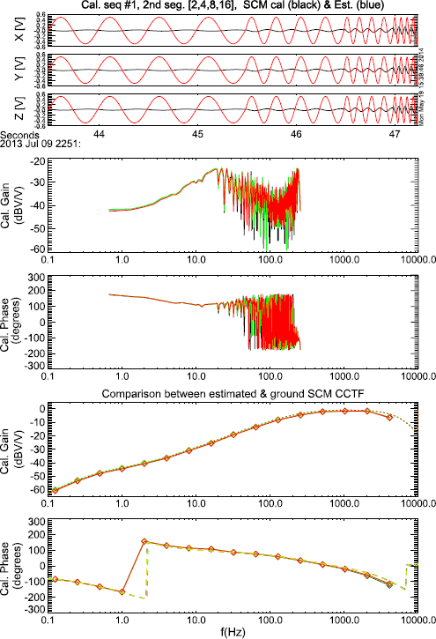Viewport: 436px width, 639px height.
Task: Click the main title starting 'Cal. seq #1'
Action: (231, 6)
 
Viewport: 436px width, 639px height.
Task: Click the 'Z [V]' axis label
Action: (10, 110)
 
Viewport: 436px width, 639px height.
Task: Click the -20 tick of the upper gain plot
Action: (40, 162)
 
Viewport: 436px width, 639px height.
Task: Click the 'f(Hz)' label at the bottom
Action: (230, 631)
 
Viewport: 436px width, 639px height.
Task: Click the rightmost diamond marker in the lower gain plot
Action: (389, 417)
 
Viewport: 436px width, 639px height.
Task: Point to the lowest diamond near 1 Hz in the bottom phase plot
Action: (122, 591)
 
